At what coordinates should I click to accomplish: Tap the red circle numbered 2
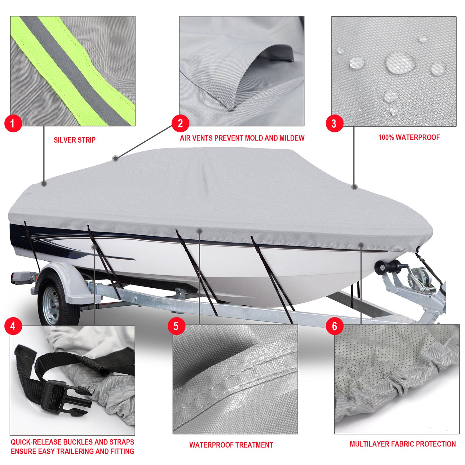[x=180, y=123]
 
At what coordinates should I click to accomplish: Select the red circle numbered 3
[x=334, y=123]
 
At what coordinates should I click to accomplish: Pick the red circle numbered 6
[x=334, y=326]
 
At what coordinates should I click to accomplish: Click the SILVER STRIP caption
[x=75, y=140]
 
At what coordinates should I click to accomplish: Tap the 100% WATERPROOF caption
[x=409, y=137]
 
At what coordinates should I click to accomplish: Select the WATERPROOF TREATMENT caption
[x=231, y=445]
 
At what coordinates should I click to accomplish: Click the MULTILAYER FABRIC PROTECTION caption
[x=403, y=444]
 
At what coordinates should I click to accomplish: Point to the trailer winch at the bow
[x=418, y=279]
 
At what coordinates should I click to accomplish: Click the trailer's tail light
[x=20, y=277]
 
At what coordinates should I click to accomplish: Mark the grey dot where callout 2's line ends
[x=115, y=158]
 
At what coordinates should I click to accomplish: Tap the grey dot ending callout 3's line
[x=355, y=187]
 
